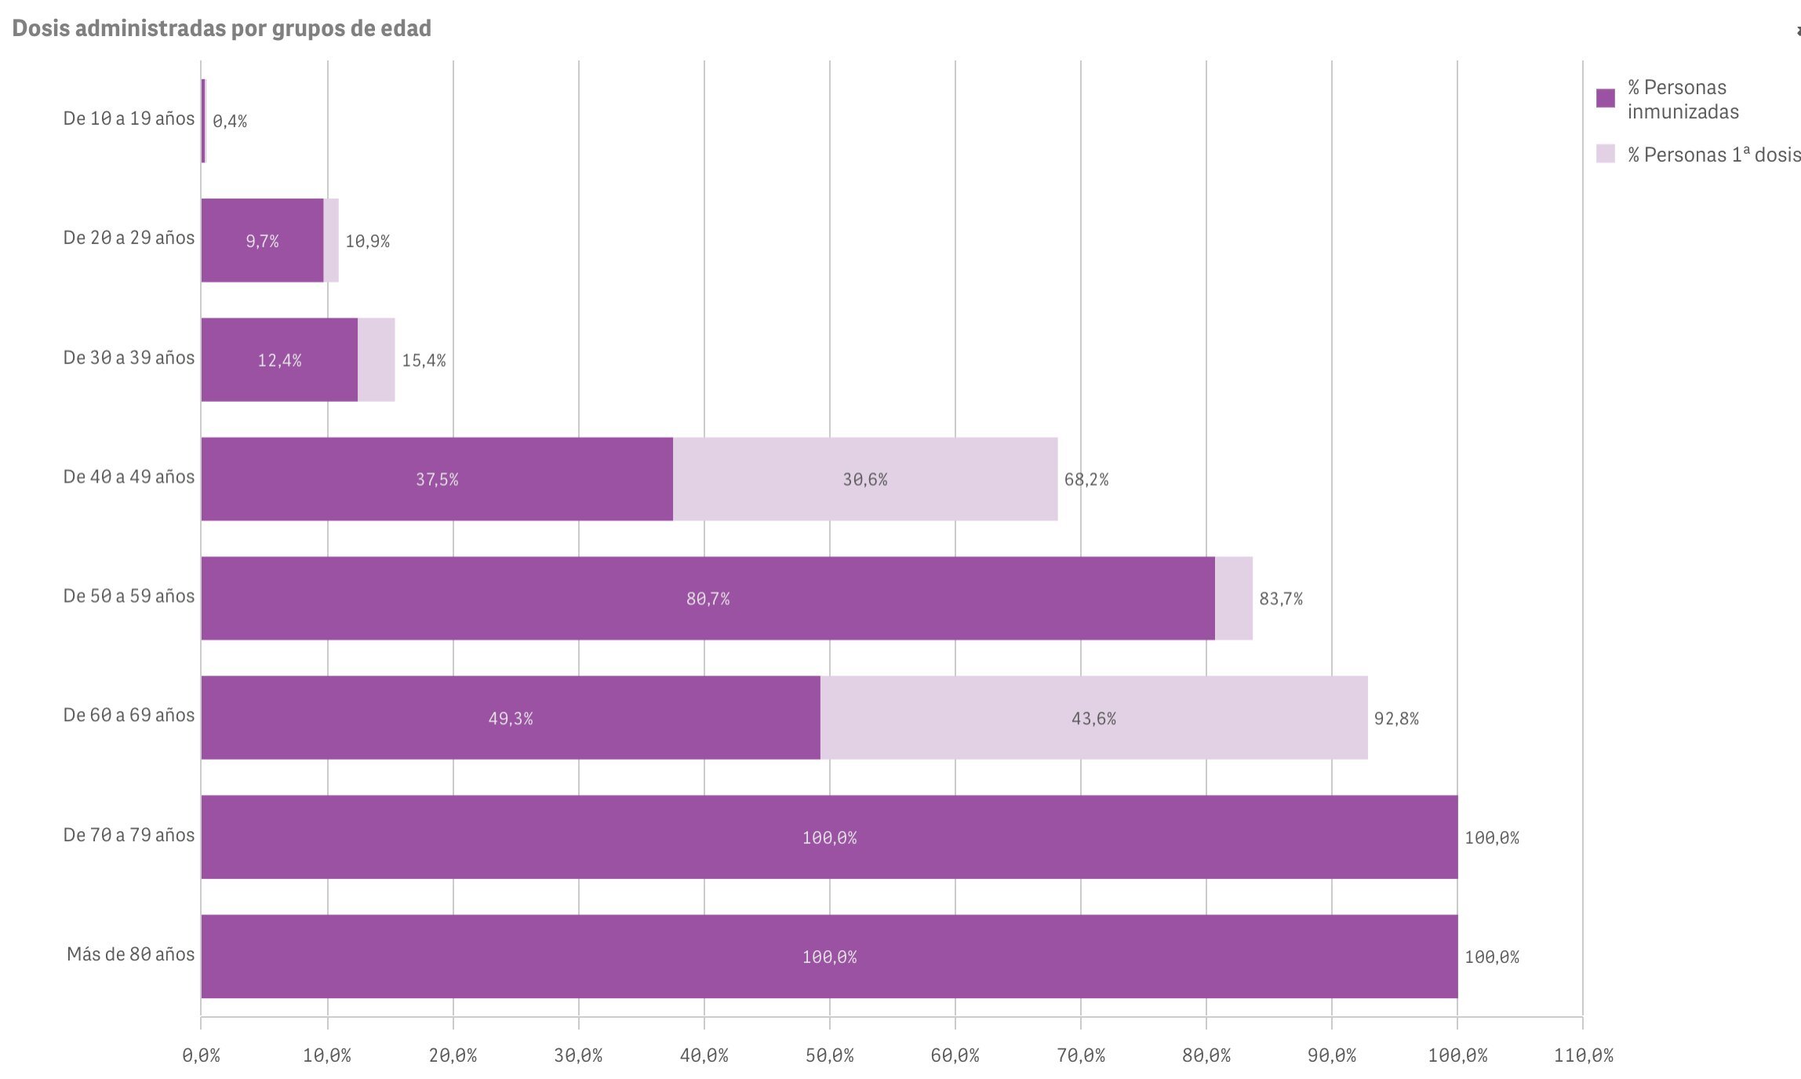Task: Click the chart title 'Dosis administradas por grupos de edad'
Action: [x=221, y=28]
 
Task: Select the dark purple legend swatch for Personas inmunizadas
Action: [x=1605, y=98]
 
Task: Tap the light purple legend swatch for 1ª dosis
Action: [x=1605, y=154]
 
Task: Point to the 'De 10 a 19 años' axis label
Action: [x=129, y=119]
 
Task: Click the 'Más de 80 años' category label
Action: [x=130, y=955]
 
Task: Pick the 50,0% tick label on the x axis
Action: [x=829, y=1056]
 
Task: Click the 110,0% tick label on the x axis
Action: [x=1583, y=1056]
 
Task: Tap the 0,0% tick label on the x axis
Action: [x=201, y=1056]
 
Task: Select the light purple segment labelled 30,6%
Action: [x=865, y=479]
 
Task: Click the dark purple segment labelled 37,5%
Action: [x=437, y=479]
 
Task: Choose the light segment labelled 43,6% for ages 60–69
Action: [x=1093, y=718]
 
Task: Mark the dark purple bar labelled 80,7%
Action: [x=708, y=599]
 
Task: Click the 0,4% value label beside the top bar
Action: [x=230, y=122]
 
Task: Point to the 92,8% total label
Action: [x=1396, y=719]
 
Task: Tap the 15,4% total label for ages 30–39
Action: [x=424, y=360]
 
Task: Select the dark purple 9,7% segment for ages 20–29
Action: [x=262, y=241]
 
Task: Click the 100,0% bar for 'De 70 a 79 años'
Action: [x=829, y=837]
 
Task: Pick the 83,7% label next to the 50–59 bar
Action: [x=1281, y=599]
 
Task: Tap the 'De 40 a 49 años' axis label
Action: [x=129, y=477]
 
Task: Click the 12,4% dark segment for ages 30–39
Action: [x=279, y=360]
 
